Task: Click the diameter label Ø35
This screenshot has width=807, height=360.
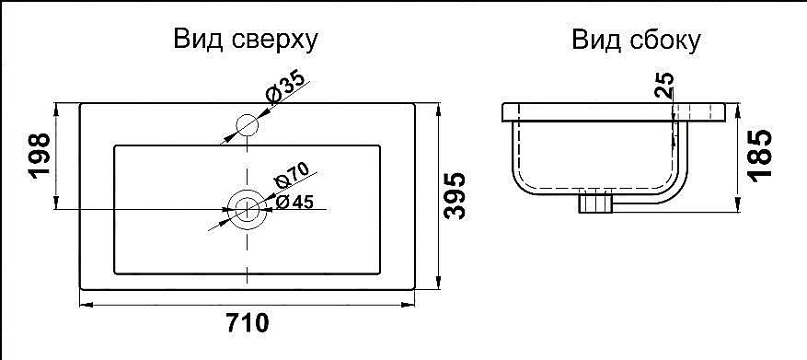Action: [284, 87]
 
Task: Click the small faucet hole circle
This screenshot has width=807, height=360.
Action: [247, 123]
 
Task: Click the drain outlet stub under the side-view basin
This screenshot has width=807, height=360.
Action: [595, 202]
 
